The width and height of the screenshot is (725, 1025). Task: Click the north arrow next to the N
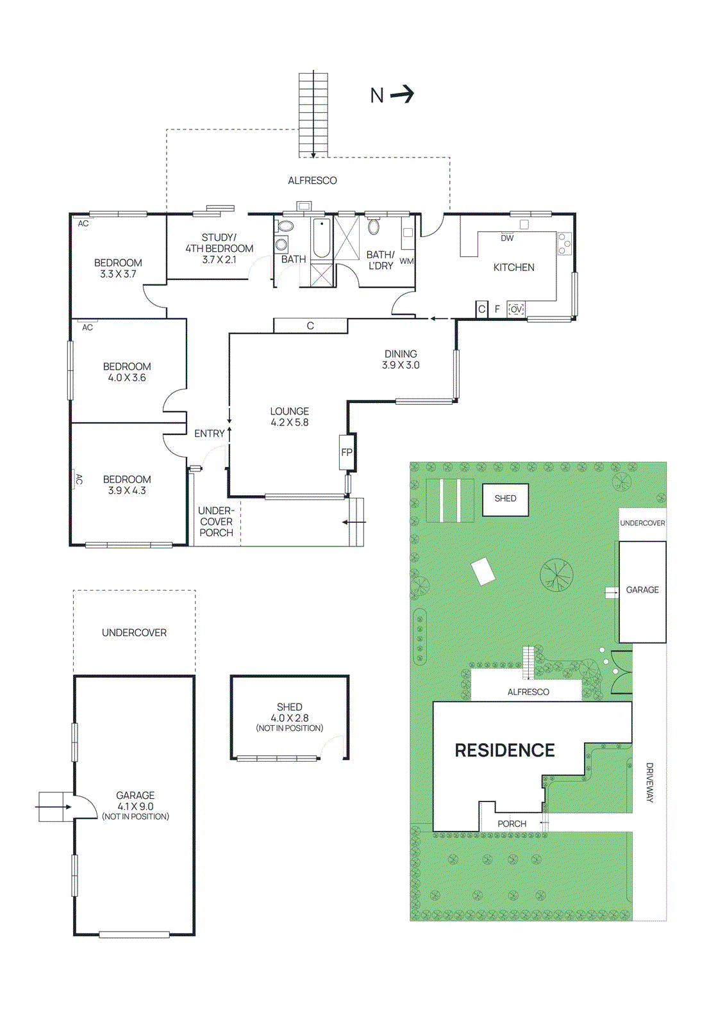tap(403, 95)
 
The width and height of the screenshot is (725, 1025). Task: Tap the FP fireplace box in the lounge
tap(347, 452)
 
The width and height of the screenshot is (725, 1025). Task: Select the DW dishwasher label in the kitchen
tap(507, 238)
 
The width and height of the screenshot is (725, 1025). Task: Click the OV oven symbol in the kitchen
tap(516, 309)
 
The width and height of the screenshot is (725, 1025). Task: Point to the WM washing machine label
tap(406, 261)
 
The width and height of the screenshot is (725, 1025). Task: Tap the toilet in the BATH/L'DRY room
tap(374, 227)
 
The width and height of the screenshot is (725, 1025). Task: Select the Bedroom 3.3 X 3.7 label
tap(118, 268)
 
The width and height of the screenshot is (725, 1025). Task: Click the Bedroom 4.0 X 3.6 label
tap(127, 372)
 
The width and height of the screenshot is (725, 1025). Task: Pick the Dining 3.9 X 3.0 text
tap(401, 359)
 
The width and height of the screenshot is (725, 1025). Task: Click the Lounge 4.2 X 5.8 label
tap(289, 417)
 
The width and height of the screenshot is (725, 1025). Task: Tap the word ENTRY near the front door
tap(209, 434)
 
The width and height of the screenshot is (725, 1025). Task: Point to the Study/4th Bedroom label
tap(219, 249)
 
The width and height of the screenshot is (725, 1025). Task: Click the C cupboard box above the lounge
tap(310, 325)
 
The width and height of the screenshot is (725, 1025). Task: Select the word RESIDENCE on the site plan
tap(504, 751)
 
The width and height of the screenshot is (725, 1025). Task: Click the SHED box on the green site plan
tap(505, 499)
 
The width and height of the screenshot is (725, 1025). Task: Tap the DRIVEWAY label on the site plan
tap(649, 782)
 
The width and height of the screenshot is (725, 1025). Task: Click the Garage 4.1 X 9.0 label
tap(135, 805)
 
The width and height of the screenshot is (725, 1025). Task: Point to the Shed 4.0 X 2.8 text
tap(289, 717)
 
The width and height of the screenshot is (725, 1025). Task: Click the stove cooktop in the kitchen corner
tap(564, 243)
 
